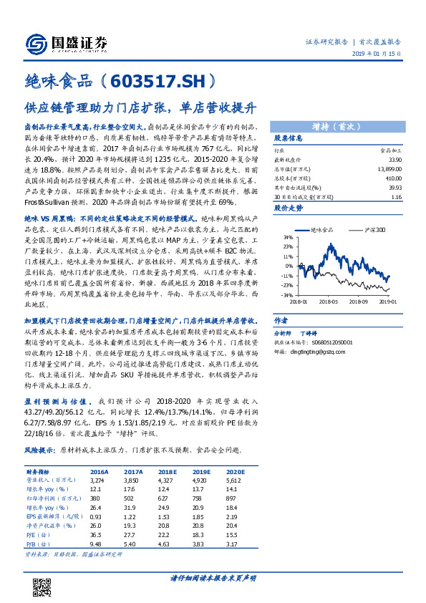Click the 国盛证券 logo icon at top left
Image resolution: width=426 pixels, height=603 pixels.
37,42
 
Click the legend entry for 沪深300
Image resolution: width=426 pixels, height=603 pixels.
370,229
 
